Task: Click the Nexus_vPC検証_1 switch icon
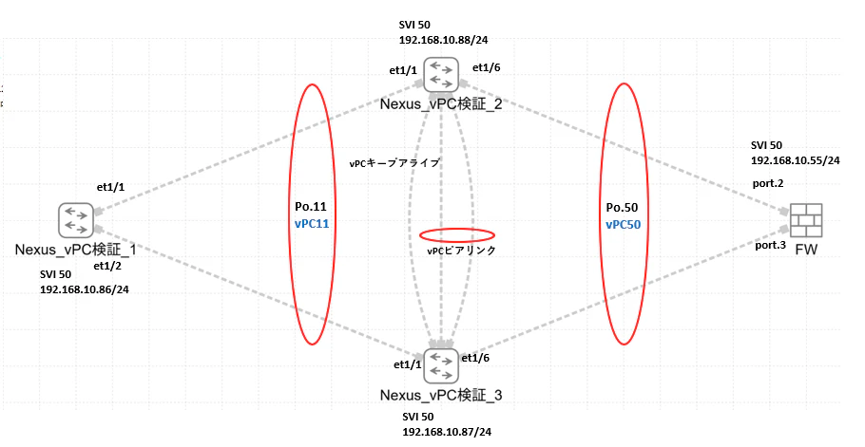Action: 76,220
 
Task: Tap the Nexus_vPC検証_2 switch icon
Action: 441,74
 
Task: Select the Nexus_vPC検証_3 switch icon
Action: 441,366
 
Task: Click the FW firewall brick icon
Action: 806,220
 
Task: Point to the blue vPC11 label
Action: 312,224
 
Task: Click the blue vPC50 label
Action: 624,225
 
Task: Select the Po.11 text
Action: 311,207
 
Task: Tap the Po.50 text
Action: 622,208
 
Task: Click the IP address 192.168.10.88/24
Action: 444,40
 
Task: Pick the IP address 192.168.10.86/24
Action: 85,289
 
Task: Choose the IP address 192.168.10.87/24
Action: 447,432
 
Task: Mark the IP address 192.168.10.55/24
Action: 796,160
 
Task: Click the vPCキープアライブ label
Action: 394,163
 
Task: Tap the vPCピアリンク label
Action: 462,251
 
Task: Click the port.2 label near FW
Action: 768,184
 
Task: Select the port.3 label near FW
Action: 770,246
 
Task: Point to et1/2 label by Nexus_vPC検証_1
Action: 107,267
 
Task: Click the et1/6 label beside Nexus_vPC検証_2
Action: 487,67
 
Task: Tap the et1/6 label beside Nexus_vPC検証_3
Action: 475,359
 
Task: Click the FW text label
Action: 806,250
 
